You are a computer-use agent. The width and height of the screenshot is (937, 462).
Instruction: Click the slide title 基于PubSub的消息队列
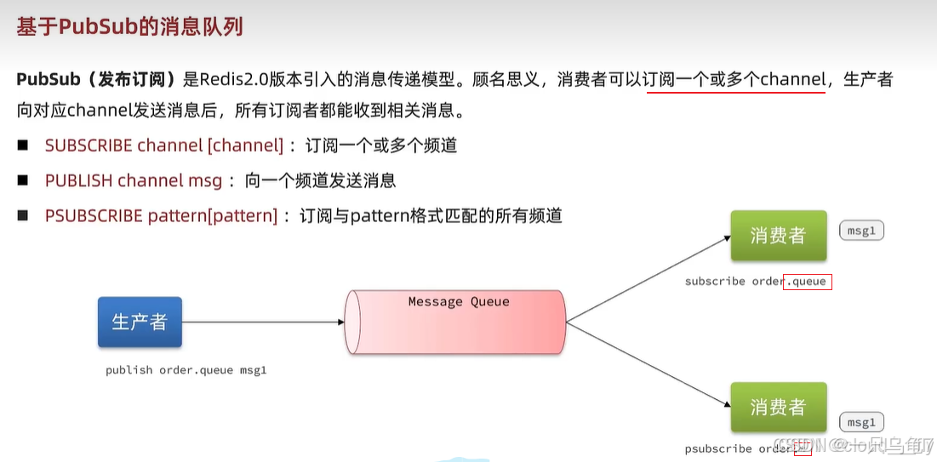[129, 27]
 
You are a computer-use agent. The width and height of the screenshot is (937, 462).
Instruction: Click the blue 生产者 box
[140, 322]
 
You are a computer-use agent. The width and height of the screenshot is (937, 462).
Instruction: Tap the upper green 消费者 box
[778, 236]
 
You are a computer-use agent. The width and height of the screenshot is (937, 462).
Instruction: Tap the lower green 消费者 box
[778, 408]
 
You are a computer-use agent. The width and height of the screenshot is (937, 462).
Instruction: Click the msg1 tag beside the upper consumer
[861, 231]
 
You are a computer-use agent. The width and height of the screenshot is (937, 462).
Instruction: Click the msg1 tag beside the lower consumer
[861, 422]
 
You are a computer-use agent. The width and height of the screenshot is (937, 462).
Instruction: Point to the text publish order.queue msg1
[186, 370]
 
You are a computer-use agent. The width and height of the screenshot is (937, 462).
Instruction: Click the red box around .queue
[807, 281]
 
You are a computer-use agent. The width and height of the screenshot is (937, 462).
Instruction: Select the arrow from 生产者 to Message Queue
[264, 322]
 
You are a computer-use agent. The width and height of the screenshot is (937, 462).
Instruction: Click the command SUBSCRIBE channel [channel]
[163, 145]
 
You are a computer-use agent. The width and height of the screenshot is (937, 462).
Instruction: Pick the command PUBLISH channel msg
[133, 180]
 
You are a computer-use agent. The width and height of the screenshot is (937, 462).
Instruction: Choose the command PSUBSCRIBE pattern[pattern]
[161, 215]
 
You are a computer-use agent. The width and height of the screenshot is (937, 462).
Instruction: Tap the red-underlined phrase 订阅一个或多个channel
[735, 80]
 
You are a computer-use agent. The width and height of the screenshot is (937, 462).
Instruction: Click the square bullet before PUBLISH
[23, 180]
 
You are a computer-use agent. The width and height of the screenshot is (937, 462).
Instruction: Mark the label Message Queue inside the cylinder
[459, 301]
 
